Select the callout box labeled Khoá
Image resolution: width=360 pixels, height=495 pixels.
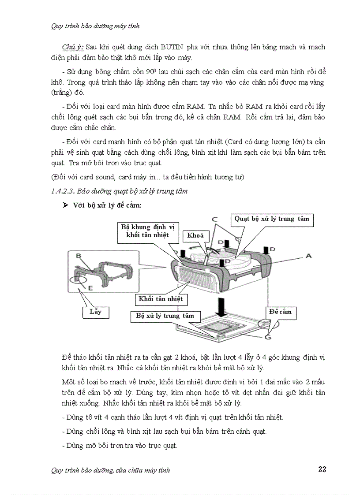point(195,235)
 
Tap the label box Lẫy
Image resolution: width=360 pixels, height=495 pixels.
point(95,312)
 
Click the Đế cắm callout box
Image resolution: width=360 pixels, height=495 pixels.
point(280,312)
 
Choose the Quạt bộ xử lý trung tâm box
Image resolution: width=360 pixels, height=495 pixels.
point(272,219)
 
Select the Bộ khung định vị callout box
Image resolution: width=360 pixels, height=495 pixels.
point(148,231)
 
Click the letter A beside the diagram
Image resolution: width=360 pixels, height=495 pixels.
point(308,256)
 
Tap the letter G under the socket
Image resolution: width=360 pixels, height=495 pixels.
point(268,337)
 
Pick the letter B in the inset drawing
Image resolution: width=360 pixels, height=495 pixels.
point(78,256)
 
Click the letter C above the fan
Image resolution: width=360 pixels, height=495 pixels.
point(214,219)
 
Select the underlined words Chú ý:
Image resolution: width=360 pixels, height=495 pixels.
point(73,47)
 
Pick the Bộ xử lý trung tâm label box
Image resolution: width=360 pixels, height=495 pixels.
point(165,316)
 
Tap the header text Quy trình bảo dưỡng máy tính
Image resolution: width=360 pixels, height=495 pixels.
point(95,26)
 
